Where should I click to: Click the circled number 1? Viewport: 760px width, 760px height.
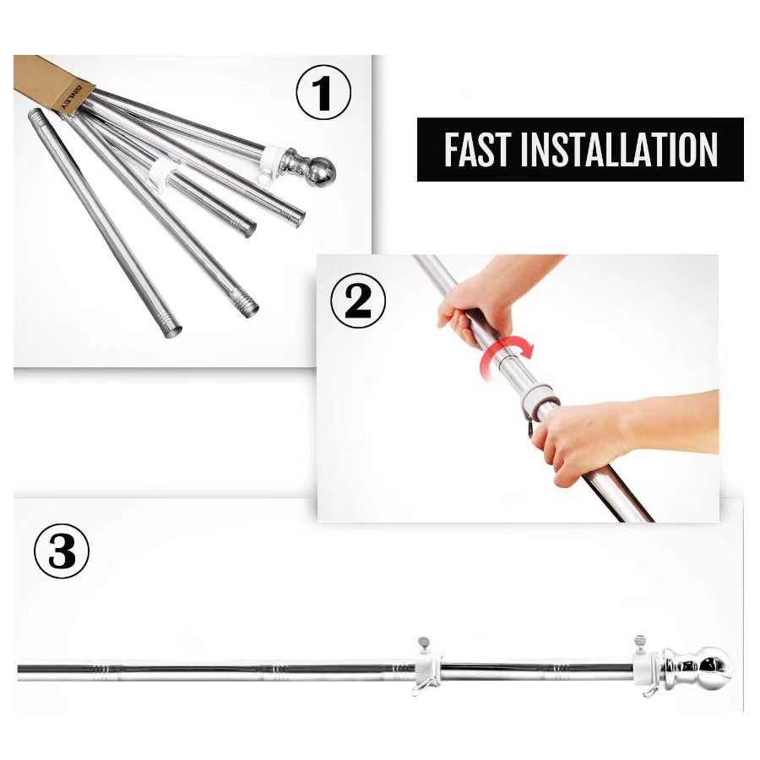pyautogui.click(x=323, y=93)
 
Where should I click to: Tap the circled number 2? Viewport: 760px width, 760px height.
pyautogui.click(x=358, y=301)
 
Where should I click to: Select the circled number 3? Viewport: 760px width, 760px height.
pyautogui.click(x=62, y=551)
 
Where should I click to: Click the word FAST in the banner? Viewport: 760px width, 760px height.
pyautogui.click(x=476, y=149)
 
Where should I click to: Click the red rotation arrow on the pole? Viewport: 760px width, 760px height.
pyautogui.click(x=508, y=354)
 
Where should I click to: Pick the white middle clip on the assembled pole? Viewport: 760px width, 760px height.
pyautogui.click(x=427, y=670)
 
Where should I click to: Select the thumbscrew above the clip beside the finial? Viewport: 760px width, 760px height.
pyautogui.click(x=640, y=641)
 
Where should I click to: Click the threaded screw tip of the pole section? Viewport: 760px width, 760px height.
pyautogui.click(x=247, y=303)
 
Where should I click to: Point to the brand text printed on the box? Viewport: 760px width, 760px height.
pyautogui.click(x=72, y=99)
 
